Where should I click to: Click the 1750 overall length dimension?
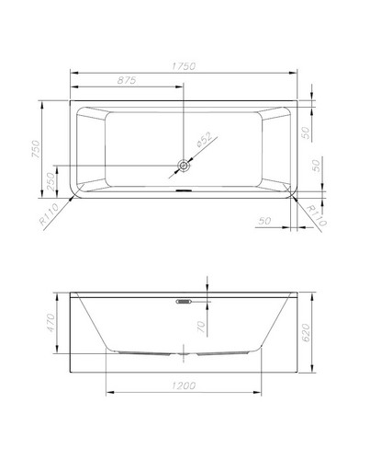click(184, 66)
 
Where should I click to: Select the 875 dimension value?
click(127, 80)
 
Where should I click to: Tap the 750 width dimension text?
click(36, 149)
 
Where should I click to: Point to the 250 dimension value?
click(50, 181)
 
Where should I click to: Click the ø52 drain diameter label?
click(204, 140)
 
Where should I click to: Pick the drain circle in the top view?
click(184, 166)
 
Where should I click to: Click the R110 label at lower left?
click(49, 213)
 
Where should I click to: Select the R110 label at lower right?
click(317, 215)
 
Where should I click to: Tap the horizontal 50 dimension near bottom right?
click(264, 221)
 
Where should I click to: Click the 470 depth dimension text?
click(50, 322)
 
